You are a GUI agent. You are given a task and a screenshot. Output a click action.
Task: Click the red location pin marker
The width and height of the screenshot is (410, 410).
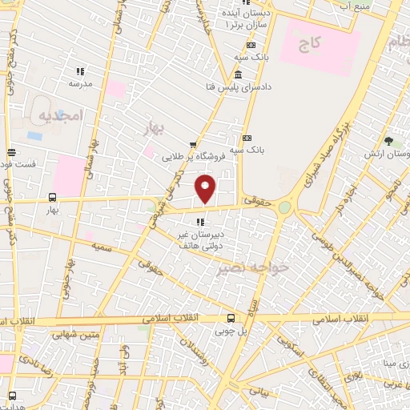pyautogui.click(x=206, y=188)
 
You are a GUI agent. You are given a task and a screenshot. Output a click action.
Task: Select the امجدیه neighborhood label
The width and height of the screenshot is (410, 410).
pyautogui.click(x=61, y=115)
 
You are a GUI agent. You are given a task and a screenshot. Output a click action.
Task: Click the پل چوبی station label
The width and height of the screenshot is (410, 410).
pyautogui.click(x=231, y=330)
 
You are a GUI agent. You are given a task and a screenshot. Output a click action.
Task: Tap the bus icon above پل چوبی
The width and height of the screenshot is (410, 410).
pyautogui.click(x=231, y=317)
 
